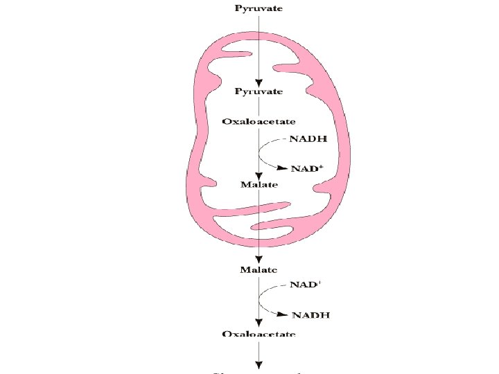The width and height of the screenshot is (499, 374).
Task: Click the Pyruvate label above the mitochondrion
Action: tap(259, 8)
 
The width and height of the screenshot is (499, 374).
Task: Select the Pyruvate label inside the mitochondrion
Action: tap(259, 91)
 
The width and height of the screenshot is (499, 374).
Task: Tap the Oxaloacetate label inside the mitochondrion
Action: tap(259, 121)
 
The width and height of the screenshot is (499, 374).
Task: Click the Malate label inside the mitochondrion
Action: tap(259, 184)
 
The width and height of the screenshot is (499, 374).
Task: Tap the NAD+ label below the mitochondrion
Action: tap(306, 285)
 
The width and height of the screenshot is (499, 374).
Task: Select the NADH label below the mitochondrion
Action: tap(310, 316)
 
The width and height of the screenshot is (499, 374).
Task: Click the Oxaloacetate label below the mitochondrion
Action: tap(259, 334)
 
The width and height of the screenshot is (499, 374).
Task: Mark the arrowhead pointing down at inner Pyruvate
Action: tap(259, 82)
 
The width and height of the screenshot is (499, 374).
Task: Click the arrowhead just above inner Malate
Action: tap(259, 176)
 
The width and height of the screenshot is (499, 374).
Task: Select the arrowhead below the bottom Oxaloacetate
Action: tap(259, 365)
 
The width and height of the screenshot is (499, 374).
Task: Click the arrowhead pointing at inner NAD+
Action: tap(282, 168)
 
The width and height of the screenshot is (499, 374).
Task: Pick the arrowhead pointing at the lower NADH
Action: tap(283, 314)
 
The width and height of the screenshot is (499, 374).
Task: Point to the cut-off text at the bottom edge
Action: tap(259, 371)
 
